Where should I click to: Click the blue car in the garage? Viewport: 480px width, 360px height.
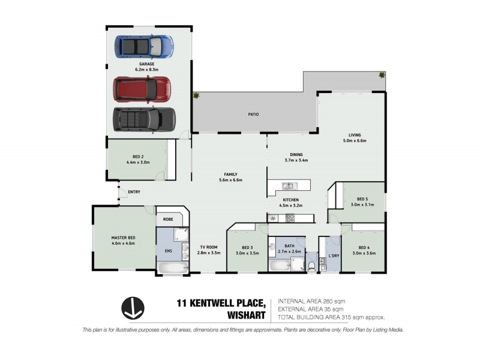tap(144, 46)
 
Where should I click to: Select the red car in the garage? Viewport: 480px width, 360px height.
tap(142, 89)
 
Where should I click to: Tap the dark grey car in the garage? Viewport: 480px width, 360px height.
tap(144, 118)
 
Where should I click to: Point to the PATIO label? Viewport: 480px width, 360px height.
tap(254, 114)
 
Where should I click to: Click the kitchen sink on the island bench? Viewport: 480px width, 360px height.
tap(287, 185)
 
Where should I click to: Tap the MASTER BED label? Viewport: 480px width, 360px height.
tap(123, 238)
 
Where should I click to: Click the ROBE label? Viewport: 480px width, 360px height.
tap(168, 220)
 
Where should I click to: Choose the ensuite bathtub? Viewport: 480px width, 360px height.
tap(172, 268)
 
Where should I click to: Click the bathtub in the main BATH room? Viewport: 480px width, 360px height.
tap(281, 265)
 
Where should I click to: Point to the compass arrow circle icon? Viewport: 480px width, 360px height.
tap(133, 308)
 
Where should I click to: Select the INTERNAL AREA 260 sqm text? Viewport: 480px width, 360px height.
tap(311, 301)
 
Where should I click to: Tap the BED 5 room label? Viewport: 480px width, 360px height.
tap(363, 199)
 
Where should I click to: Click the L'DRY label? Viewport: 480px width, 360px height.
tap(334, 256)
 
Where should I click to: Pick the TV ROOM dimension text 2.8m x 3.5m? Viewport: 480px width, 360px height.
tap(209, 253)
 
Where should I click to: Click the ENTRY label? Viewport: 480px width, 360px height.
tap(134, 192)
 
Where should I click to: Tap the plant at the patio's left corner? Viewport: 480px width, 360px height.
tap(196, 95)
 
